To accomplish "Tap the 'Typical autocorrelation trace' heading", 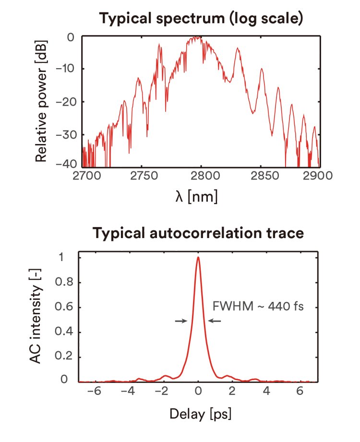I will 198,233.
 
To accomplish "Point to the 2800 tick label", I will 201,175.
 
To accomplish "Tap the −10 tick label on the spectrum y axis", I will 66,68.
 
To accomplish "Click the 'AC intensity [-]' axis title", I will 43,319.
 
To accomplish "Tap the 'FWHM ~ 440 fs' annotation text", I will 258,306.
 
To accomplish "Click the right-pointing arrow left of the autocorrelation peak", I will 181,321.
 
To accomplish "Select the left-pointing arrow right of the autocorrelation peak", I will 214,321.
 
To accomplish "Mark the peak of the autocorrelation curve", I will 198,258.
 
